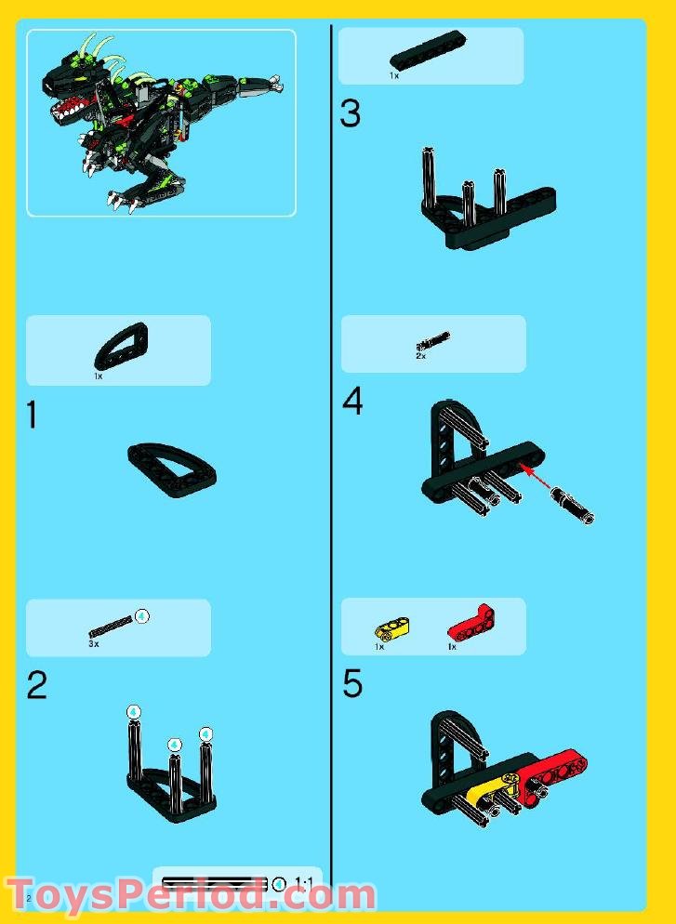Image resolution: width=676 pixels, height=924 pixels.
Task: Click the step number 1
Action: (33, 415)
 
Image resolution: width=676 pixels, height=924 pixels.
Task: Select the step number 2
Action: (36, 686)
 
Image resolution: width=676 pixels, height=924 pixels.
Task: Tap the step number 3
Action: (350, 114)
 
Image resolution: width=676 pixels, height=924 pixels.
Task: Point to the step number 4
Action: (352, 403)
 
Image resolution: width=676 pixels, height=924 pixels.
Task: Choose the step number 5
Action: (352, 684)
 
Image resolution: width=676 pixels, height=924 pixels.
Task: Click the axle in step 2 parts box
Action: (112, 627)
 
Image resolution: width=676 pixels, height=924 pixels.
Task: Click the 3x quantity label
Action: (94, 643)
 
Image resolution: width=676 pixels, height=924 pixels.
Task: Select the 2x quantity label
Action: (420, 356)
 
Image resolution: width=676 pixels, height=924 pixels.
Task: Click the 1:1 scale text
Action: (303, 882)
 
